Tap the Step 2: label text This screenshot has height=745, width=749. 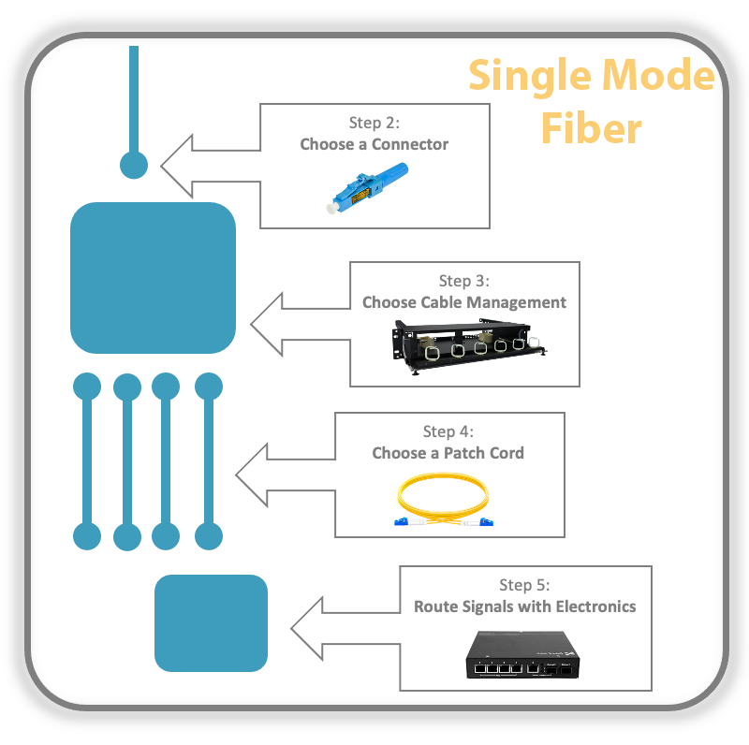tap(374, 123)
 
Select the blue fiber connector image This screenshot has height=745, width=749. tap(370, 187)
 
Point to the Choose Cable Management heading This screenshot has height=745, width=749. tap(463, 302)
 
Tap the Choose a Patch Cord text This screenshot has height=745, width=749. tap(448, 453)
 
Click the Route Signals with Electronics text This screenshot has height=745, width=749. tap(524, 606)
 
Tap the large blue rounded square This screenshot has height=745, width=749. tap(153, 277)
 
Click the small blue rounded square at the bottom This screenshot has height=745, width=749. tap(211, 622)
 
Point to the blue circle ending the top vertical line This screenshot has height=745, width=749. tap(134, 165)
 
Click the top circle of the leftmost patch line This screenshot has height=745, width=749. tap(87, 386)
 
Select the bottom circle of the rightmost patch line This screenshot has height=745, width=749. tap(208, 536)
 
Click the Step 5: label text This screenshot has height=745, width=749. tap(524, 585)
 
